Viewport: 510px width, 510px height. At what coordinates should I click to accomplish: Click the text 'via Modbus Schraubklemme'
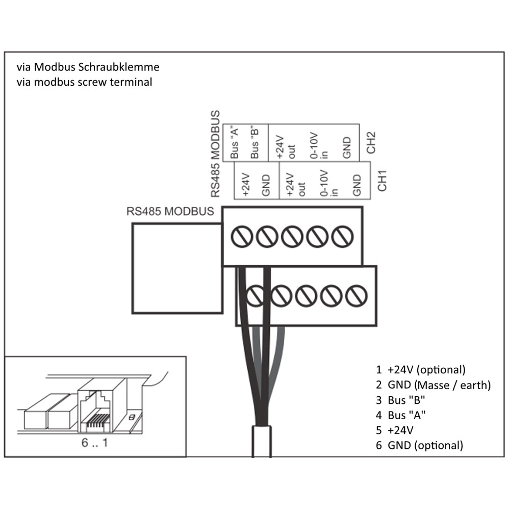click(x=88, y=67)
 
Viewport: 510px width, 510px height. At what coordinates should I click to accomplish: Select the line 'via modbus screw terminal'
click(x=84, y=82)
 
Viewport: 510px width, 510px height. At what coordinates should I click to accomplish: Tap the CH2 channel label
click(x=371, y=143)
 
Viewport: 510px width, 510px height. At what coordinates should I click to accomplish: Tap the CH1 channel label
click(x=382, y=182)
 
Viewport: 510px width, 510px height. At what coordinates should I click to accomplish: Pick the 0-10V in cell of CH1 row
click(x=326, y=182)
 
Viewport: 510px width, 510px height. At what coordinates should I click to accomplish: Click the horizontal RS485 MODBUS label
click(x=170, y=212)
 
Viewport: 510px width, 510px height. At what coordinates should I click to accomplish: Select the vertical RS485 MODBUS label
click(x=216, y=154)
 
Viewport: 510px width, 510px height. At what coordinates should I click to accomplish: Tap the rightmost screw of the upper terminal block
click(x=342, y=236)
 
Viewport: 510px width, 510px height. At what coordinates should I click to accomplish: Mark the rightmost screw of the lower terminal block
click(x=355, y=296)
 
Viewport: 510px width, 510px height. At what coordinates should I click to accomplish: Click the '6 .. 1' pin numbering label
click(x=95, y=443)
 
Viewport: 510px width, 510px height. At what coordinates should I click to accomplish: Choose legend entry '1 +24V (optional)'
click(x=420, y=369)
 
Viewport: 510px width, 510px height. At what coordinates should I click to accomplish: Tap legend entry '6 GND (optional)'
click(x=419, y=445)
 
